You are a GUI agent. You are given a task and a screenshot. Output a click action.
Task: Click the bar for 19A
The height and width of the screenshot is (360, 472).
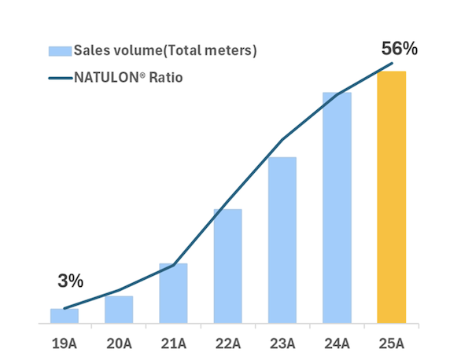pyautogui.click(x=65, y=316)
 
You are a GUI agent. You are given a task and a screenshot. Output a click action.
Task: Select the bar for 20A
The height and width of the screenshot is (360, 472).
pyautogui.click(x=119, y=310)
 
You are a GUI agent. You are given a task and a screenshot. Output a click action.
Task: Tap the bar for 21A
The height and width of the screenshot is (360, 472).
pyautogui.click(x=173, y=293)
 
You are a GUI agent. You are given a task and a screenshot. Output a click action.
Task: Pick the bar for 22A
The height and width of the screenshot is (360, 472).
pyautogui.click(x=227, y=266)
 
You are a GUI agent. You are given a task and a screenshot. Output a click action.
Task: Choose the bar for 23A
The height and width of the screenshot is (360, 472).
pyautogui.click(x=282, y=240)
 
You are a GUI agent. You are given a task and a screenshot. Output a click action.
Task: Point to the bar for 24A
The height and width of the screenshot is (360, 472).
pyautogui.click(x=337, y=208)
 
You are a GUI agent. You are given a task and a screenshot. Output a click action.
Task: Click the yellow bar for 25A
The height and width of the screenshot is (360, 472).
pyautogui.click(x=391, y=197)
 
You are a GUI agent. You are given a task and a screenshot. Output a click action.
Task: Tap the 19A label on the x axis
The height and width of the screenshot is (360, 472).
pyautogui.click(x=65, y=343)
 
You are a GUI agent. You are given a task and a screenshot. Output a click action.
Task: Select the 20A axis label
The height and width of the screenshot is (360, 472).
pyautogui.click(x=119, y=343)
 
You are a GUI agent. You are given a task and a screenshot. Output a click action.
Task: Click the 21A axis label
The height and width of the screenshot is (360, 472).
pyautogui.click(x=173, y=343)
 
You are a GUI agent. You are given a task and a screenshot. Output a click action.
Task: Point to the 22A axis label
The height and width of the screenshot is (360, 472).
pyautogui.click(x=227, y=343)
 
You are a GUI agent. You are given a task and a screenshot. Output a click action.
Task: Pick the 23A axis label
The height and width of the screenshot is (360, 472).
pyautogui.click(x=282, y=343)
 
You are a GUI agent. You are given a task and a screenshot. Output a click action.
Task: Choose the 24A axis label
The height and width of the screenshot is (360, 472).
pyautogui.click(x=337, y=343)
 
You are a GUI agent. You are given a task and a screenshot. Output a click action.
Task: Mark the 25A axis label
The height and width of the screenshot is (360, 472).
pyautogui.click(x=391, y=343)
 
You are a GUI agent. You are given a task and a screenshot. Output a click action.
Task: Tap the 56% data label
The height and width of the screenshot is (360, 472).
pyautogui.click(x=399, y=48)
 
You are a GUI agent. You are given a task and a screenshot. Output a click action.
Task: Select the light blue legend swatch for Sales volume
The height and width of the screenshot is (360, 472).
pyautogui.click(x=59, y=51)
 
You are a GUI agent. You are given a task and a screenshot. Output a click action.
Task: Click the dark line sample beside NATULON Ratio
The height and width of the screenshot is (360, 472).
pyautogui.click(x=59, y=78)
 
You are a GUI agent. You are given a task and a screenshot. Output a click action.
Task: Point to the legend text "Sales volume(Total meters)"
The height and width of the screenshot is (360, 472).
pyautogui.click(x=165, y=51)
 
